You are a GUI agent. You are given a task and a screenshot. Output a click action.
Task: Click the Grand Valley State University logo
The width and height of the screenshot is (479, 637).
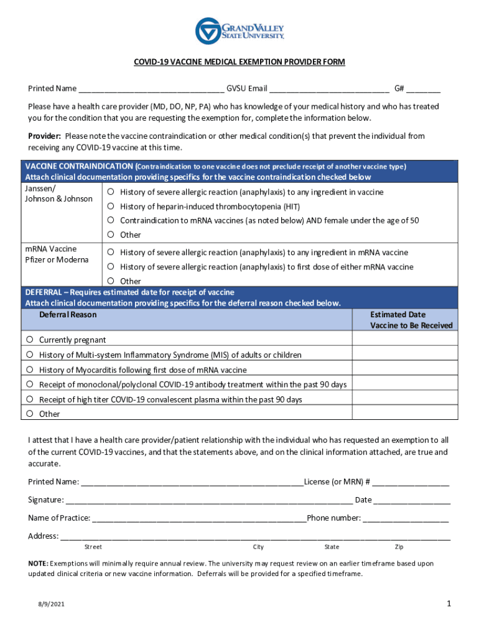pos(240,30)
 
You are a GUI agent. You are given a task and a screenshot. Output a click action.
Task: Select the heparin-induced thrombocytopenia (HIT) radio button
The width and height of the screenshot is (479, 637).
pos(109,206)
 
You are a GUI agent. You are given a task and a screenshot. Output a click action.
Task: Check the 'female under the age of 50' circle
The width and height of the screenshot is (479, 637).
pos(109,220)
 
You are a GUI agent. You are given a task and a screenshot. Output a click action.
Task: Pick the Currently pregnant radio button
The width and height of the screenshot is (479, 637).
pos(30,340)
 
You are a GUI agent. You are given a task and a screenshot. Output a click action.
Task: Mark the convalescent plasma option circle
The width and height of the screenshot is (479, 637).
pos(30,399)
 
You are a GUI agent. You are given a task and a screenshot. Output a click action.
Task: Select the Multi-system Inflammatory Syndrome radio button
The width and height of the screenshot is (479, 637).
pos(30,355)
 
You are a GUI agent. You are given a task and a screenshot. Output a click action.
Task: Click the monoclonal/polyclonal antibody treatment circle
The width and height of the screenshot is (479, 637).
pos(30,384)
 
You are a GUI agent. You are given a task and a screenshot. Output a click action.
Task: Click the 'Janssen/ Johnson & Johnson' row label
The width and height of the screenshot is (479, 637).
pos(58,193)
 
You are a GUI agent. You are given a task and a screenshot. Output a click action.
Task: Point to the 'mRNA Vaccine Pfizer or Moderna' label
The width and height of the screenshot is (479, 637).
pos(57,254)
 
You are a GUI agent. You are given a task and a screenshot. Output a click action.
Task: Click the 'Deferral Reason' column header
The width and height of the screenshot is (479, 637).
pos(68,315)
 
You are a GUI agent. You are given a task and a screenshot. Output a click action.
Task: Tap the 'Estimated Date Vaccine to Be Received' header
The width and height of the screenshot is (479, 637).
pos(411,320)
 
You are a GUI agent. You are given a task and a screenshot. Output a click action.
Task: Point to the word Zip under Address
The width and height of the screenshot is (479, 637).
pos(399,547)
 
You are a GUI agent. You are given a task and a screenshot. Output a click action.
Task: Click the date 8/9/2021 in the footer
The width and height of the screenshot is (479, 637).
pos(50,604)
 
